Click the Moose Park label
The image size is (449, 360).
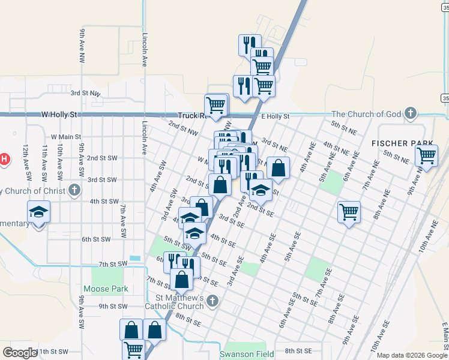point(106,289)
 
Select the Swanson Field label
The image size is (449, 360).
point(247,354)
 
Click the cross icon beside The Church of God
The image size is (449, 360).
point(410,113)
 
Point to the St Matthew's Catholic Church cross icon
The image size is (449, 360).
point(211,301)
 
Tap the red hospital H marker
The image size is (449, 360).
point(3,159)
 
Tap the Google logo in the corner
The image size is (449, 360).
point(20,352)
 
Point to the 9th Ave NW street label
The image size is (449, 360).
point(81,46)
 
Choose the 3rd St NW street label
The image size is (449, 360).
point(85,93)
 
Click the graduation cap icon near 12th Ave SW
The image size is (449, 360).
point(38,212)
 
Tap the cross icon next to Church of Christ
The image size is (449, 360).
point(74,191)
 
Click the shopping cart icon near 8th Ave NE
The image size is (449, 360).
point(349,211)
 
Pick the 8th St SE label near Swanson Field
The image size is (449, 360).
point(299,351)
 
